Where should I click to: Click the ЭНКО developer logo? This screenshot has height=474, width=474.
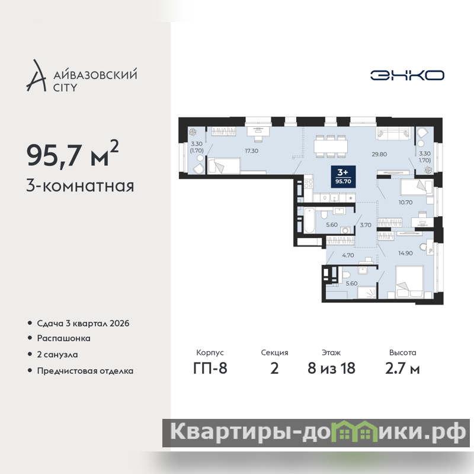[x=407, y=75]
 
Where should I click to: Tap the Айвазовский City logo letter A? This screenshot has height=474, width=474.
[x=37, y=76]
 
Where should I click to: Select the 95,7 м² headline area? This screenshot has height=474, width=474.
[x=72, y=154]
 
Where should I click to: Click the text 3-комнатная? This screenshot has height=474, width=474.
[x=80, y=186]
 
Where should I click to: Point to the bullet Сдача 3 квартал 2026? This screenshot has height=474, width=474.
[x=83, y=324]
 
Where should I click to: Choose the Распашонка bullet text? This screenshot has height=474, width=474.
[x=64, y=338]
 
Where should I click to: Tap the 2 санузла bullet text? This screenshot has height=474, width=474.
[x=57, y=354]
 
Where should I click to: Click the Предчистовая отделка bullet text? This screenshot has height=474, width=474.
[x=85, y=371]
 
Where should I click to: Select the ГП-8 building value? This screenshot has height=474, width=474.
[x=210, y=368]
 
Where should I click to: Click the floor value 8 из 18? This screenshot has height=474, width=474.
[x=331, y=368]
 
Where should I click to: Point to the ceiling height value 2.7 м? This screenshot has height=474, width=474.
[x=402, y=368]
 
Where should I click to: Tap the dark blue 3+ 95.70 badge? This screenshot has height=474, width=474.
[x=343, y=177]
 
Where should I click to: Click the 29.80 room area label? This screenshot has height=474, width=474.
[x=379, y=154]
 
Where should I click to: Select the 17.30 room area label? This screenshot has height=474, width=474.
[x=251, y=151]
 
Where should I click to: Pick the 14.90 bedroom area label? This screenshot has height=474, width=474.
[x=405, y=253]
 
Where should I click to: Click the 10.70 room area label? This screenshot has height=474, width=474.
[x=405, y=202]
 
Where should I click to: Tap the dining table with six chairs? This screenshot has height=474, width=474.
[x=331, y=146]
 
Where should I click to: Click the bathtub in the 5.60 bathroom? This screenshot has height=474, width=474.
[x=309, y=220]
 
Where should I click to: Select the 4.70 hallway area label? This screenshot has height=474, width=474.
[x=348, y=255]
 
